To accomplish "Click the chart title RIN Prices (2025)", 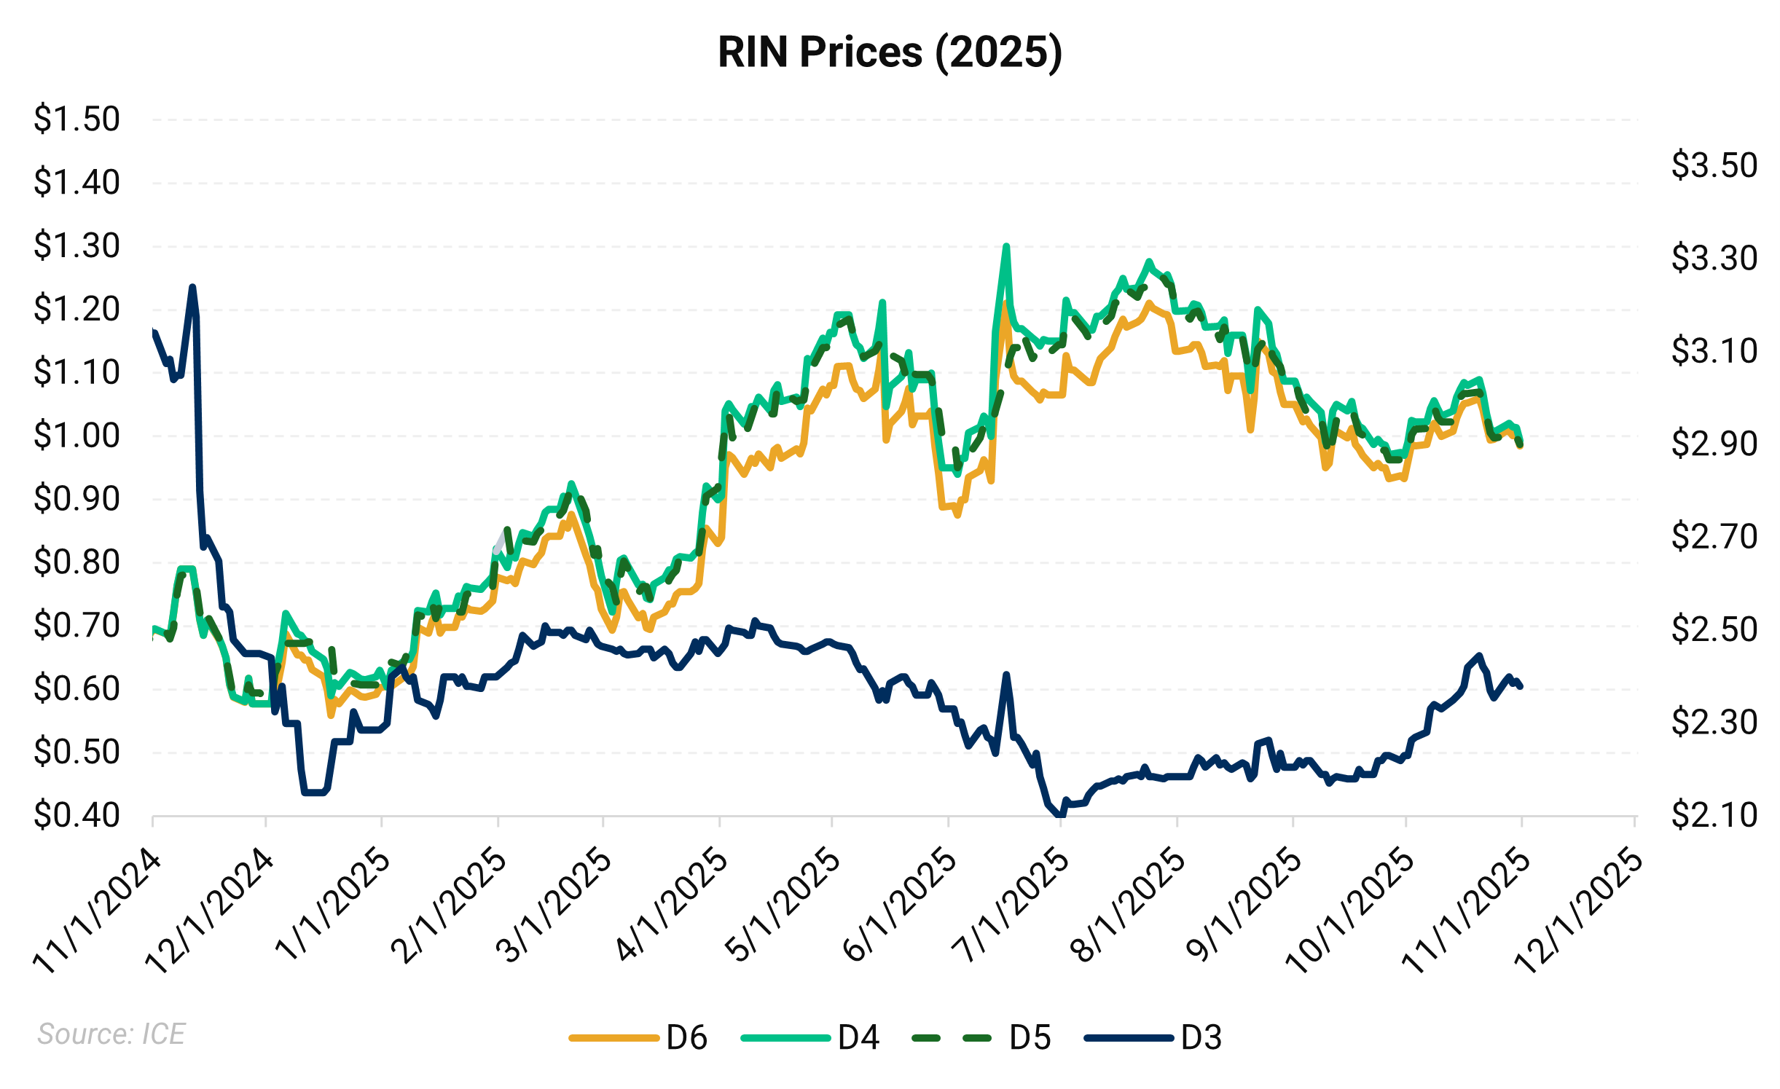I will (x=890, y=52).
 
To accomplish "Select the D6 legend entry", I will (x=638, y=1037).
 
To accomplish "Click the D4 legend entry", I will (x=809, y=1037).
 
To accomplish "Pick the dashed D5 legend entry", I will (x=981, y=1037).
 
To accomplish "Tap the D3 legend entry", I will (x=1153, y=1037).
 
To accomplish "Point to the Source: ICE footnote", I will (x=111, y=1034).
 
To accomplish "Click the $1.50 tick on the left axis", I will (x=77, y=119).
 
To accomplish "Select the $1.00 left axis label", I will (x=77, y=436).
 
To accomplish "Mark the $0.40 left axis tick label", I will (x=77, y=815).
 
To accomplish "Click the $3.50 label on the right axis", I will (x=1714, y=165).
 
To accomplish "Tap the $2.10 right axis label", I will (x=1714, y=814).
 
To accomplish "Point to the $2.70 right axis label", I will (x=1714, y=537).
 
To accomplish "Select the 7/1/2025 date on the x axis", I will (x=1011, y=907).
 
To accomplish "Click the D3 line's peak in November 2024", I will (x=192, y=287).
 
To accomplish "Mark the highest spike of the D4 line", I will (x=1006, y=246).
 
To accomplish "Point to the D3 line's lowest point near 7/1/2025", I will (x=1059, y=814).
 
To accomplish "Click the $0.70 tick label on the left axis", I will (x=77, y=626).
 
